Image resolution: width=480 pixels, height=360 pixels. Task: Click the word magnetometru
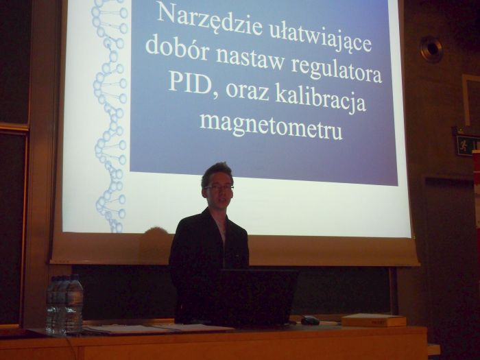271,125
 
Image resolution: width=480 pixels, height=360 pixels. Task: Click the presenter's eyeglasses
219,187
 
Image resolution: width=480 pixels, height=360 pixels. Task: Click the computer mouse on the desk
310,320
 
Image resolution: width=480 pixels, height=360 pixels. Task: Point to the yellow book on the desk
373,320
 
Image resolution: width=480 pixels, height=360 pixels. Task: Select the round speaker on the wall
431,49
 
